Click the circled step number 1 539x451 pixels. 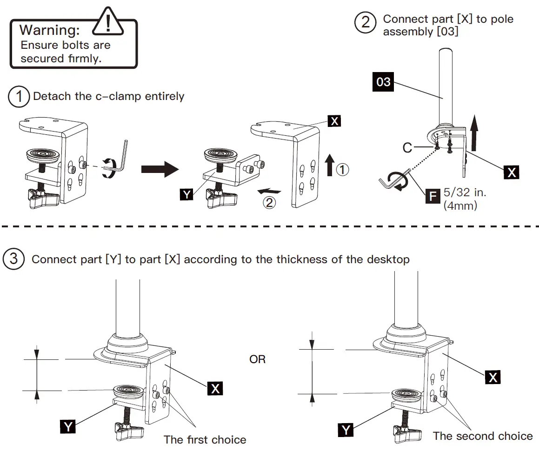coord(19,97)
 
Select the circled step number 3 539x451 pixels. coord(13,259)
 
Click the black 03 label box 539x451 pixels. coord(383,82)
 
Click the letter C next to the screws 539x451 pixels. coord(407,148)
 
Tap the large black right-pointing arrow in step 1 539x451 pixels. coord(160,170)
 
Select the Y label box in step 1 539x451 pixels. coord(186,194)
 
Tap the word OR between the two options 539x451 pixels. coord(257,359)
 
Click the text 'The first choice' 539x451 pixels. coord(205,439)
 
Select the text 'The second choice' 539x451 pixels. coord(483,436)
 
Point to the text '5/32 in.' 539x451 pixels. coord(465,192)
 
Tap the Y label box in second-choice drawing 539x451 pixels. coord(346,430)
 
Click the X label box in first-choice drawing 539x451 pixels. coord(215,388)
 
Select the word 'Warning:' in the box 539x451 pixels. coord(50,31)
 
